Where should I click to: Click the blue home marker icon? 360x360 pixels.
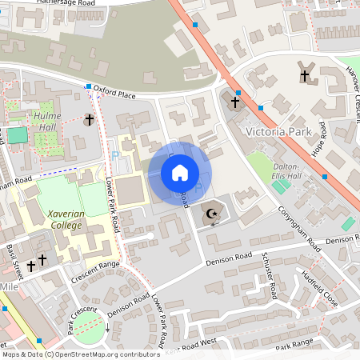[180, 173]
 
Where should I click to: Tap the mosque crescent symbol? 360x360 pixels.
[212, 214]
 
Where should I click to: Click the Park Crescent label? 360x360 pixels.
[81, 319]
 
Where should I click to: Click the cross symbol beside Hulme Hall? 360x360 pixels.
[89, 120]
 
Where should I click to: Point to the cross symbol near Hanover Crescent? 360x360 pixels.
[305, 76]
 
